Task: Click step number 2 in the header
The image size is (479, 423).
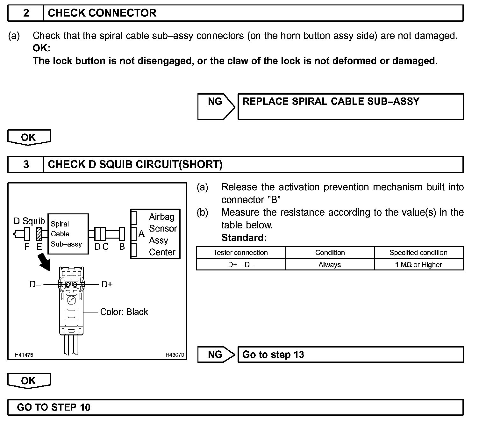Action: (x=26, y=13)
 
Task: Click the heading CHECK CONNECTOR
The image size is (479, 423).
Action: (x=102, y=13)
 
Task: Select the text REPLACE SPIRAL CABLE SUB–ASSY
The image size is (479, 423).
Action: (x=331, y=101)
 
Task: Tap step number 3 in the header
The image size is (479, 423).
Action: (x=26, y=164)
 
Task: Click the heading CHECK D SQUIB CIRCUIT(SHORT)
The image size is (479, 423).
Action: (x=135, y=164)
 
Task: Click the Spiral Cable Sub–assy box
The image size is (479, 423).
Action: (x=68, y=234)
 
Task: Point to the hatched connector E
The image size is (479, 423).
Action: (x=39, y=234)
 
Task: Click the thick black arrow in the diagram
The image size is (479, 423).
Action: (x=44, y=261)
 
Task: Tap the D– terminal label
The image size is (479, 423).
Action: (x=35, y=284)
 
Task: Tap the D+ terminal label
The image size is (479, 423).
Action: (x=107, y=284)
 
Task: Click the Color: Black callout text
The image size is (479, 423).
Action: (x=124, y=312)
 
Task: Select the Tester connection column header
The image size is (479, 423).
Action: (x=241, y=253)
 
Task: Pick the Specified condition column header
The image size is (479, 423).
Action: (x=418, y=253)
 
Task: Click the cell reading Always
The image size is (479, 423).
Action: (x=330, y=265)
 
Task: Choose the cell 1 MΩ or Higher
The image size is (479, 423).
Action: (x=418, y=265)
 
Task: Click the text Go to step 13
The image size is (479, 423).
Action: (x=273, y=355)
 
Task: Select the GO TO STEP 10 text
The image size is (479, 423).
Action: (x=54, y=407)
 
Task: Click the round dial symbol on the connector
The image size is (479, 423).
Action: (x=71, y=300)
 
